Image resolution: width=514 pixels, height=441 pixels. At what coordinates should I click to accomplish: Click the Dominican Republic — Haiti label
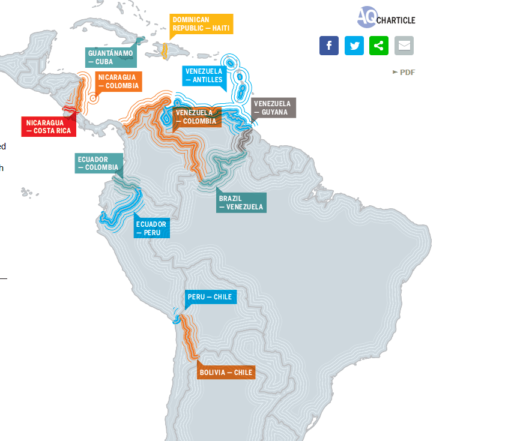[x=201, y=24]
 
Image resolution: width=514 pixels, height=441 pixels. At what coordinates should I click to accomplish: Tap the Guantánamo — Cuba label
[x=110, y=57]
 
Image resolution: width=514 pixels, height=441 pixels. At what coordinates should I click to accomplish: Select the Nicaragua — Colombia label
[x=118, y=81]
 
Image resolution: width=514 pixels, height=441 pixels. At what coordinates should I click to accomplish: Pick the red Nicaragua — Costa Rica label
[x=49, y=127]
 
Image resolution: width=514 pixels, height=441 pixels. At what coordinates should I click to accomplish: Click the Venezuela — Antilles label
[x=204, y=75]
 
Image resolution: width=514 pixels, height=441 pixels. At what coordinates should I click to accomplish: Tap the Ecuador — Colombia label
[x=98, y=163]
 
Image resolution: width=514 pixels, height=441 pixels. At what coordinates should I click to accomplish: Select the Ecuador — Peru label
[x=151, y=228]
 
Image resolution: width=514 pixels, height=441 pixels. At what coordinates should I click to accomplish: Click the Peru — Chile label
[x=210, y=297]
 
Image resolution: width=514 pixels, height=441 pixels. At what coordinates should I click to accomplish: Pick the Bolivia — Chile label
[x=226, y=372]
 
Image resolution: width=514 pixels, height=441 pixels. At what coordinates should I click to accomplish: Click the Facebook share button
[x=329, y=46]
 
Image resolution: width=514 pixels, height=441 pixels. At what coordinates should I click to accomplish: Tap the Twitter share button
[x=354, y=46]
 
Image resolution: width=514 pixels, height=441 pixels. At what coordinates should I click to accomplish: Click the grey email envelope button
[x=404, y=46]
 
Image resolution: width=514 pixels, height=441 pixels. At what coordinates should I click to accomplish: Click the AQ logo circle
[x=366, y=17]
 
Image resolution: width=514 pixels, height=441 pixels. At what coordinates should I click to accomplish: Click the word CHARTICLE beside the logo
[x=396, y=21]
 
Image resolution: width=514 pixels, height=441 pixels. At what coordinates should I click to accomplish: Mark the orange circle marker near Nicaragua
[x=93, y=98]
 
